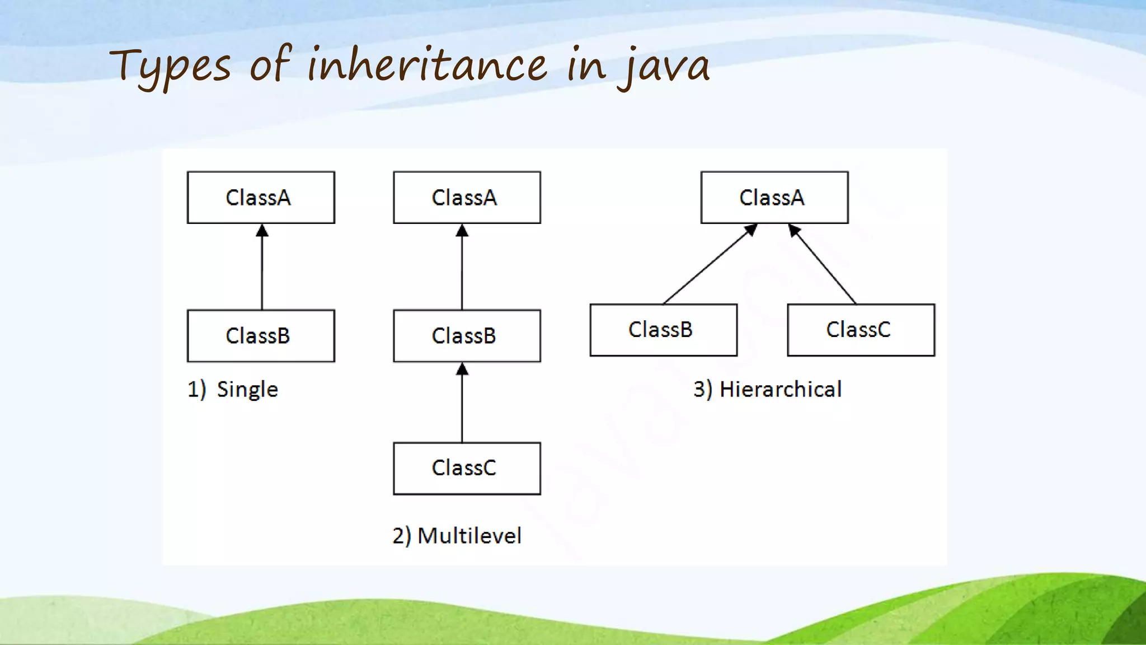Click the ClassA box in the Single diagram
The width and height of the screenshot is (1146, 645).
pos(261,198)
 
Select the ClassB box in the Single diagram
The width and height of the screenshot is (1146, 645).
pos(261,336)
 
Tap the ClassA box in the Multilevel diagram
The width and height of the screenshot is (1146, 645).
pos(467,198)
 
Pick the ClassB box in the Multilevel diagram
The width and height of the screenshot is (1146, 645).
pos(467,336)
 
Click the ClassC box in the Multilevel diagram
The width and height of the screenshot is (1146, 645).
pos(467,468)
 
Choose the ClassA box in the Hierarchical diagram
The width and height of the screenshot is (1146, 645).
pos(774,198)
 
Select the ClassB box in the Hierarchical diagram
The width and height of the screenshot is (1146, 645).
pos(663,330)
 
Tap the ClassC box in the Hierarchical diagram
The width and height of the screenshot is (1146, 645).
pos(861,330)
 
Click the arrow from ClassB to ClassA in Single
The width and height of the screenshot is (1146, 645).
pos(262,269)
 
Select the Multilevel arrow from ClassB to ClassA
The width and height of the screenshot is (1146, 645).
pos(462,269)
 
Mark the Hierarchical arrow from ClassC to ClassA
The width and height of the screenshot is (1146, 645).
pos(823,265)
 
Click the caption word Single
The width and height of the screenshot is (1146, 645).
pos(247,390)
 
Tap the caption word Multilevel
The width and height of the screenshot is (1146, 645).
pos(469,536)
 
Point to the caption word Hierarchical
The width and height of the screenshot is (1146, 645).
pos(780,390)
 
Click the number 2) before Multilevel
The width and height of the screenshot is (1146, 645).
pos(402,536)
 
